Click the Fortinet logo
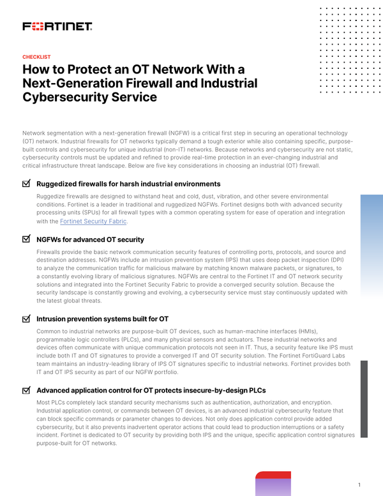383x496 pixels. point(57,27)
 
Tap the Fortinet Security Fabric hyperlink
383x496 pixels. point(94,221)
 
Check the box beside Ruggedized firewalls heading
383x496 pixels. point(26,184)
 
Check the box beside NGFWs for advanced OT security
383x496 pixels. point(26,239)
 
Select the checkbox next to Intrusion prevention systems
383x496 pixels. point(26,318)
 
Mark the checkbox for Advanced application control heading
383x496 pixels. point(26,389)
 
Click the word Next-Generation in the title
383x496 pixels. point(71,83)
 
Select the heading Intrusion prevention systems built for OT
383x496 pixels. point(103,318)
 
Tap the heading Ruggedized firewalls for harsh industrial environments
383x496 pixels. point(128,184)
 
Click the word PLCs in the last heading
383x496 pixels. point(255,389)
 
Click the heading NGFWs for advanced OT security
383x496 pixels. point(90,239)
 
